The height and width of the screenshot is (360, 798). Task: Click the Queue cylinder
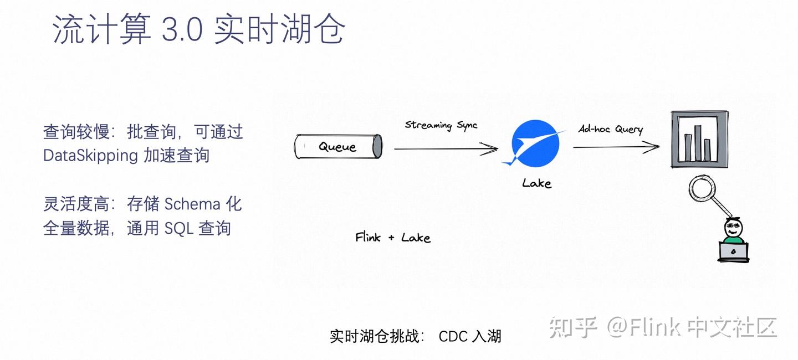click(x=337, y=147)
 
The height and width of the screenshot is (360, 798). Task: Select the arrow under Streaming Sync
click(x=446, y=148)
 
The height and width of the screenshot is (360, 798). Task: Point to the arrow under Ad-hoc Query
click(x=616, y=147)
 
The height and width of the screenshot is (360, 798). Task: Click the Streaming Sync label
click(x=441, y=125)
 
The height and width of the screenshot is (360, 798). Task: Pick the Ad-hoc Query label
click(x=611, y=128)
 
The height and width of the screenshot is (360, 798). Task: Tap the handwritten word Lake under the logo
click(x=536, y=183)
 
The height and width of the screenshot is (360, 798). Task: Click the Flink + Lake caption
click(x=392, y=238)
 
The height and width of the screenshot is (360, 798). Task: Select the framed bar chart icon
click(x=699, y=139)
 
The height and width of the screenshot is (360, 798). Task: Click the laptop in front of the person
click(x=733, y=252)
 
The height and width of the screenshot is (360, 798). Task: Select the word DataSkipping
click(x=90, y=155)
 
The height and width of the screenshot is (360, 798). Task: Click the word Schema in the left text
click(x=192, y=204)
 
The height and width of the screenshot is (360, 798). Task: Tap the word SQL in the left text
click(x=177, y=228)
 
